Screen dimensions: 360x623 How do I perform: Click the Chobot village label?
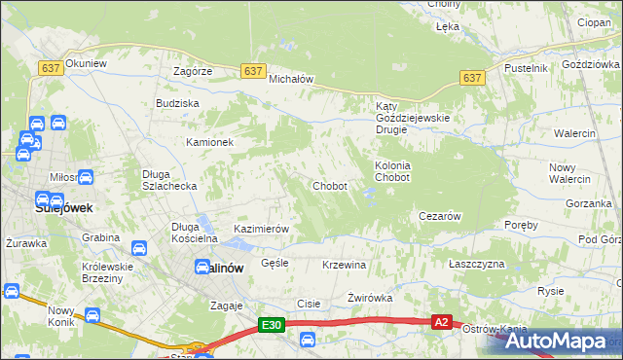point(329,186)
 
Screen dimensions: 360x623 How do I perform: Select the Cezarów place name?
point(439,216)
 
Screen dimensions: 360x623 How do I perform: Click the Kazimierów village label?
point(262,229)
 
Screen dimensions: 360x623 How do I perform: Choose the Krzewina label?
point(344,265)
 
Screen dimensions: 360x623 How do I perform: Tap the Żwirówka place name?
point(369,299)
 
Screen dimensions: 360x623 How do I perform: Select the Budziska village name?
point(177,103)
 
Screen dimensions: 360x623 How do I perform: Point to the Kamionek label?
point(210,142)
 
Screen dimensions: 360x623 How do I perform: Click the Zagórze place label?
point(193,72)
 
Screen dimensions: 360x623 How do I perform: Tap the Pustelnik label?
point(527,68)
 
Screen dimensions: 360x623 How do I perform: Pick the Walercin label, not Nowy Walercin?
point(574,132)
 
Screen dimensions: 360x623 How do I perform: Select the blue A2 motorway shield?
point(442,321)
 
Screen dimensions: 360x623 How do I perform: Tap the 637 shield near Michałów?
point(252,71)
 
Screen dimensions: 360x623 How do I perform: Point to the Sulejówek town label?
point(36,207)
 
